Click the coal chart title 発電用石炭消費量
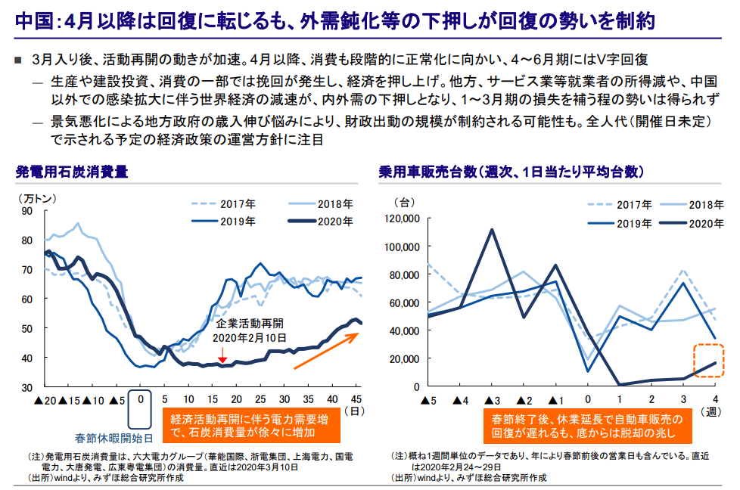click(72, 172)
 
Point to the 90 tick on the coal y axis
click(27, 211)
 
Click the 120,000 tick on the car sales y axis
click(402, 219)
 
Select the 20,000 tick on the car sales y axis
click(405, 358)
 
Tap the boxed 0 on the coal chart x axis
click(140, 399)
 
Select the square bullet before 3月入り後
click(19, 59)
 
